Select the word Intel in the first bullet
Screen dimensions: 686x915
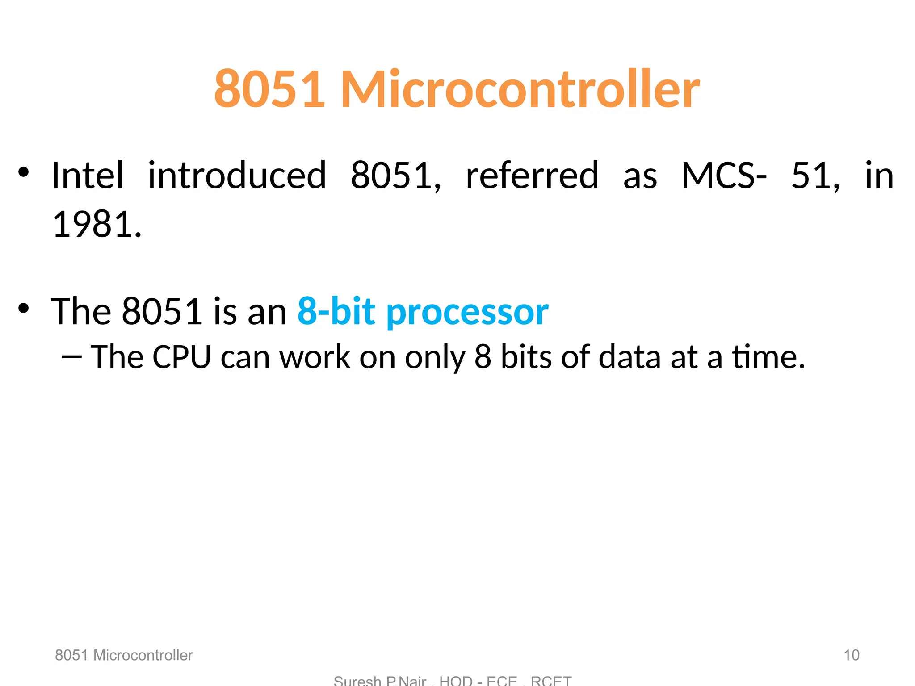click(87, 176)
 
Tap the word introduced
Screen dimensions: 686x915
click(237, 176)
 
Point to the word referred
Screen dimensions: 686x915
click(532, 176)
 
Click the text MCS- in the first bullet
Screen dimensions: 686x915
click(724, 176)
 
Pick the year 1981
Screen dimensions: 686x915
click(97, 224)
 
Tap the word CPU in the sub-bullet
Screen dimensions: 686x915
click(181, 357)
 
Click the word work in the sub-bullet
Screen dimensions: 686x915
click(315, 357)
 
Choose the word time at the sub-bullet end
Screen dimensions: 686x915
click(768, 357)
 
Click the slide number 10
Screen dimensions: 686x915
click(851, 655)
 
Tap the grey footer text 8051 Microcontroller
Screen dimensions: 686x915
click(124, 655)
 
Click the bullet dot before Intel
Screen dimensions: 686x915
click(23, 172)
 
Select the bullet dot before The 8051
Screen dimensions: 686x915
click(23, 308)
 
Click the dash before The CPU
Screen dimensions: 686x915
click(71, 357)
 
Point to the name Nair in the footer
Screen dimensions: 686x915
click(412, 681)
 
